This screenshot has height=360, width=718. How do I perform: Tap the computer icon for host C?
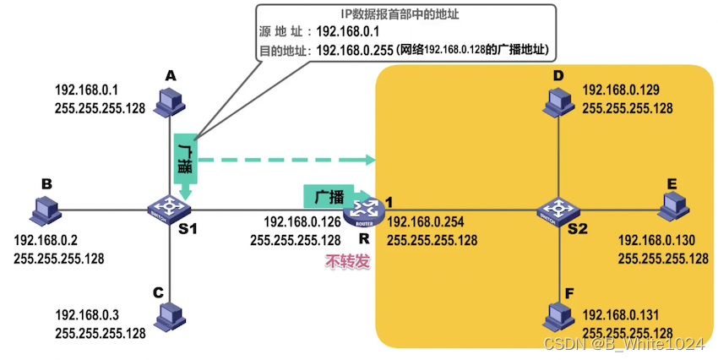171,316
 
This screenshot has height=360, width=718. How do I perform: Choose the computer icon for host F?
558,317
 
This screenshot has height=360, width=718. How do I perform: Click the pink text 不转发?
347,262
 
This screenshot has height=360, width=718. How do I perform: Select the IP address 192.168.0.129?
627,90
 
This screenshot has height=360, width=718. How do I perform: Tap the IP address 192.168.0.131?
627,316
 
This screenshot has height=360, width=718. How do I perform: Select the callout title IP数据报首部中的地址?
406,14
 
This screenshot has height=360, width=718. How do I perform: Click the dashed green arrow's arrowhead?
370,159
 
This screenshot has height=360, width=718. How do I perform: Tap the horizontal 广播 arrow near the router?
331,196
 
